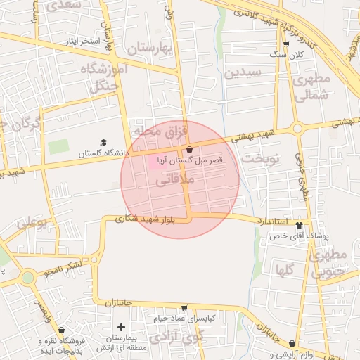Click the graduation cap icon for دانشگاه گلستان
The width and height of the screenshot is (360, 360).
104,143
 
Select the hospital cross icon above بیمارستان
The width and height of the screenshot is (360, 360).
121,327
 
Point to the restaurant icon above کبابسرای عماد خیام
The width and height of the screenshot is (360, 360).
184,307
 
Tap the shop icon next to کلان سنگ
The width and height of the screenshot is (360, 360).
285,44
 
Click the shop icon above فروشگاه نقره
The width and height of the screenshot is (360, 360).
62,329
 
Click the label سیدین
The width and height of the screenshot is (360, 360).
243,72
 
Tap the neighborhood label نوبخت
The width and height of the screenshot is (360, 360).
260,159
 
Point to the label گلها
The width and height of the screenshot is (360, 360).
285,269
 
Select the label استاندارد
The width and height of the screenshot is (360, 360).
259,220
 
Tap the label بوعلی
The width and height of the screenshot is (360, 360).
31,223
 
